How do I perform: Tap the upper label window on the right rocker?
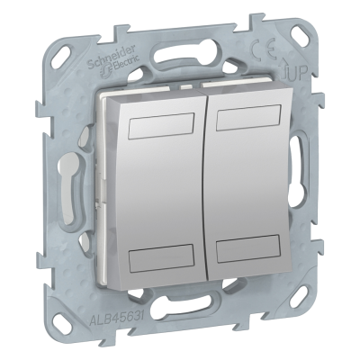pos(248,121)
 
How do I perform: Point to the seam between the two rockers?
pos(208,193)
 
